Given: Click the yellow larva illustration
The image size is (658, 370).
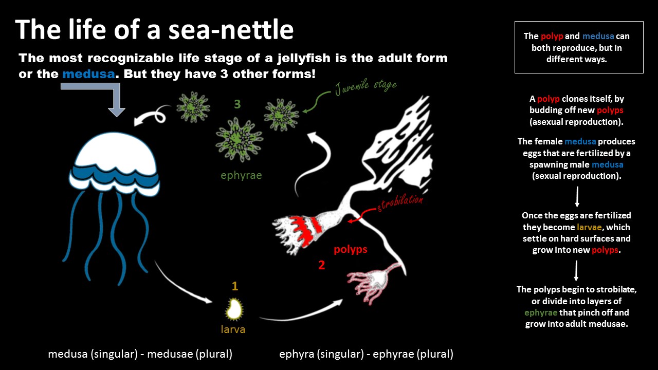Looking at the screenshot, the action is tap(234, 309).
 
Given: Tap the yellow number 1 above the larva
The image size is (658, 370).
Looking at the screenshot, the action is tap(235, 286).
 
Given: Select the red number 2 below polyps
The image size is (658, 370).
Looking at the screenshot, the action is tap(322, 265).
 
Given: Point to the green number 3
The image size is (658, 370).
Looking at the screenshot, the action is tap(237, 104).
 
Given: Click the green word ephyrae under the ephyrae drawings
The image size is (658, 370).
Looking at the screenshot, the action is tap(241, 175).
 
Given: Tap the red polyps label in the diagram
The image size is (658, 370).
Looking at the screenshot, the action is tap(351, 249).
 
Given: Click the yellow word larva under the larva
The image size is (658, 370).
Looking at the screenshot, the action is tap(233, 329).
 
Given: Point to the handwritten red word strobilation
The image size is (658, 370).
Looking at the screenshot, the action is tap(400, 202).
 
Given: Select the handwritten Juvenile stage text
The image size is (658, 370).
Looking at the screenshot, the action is tap(366, 87).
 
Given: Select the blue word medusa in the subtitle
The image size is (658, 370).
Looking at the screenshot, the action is tap(88, 73).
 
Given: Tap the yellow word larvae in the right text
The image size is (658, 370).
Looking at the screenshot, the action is tap(589, 227).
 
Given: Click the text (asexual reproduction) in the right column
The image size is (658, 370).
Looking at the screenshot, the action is tap(576, 122).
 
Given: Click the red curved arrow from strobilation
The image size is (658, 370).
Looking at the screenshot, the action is tap(361, 214).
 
